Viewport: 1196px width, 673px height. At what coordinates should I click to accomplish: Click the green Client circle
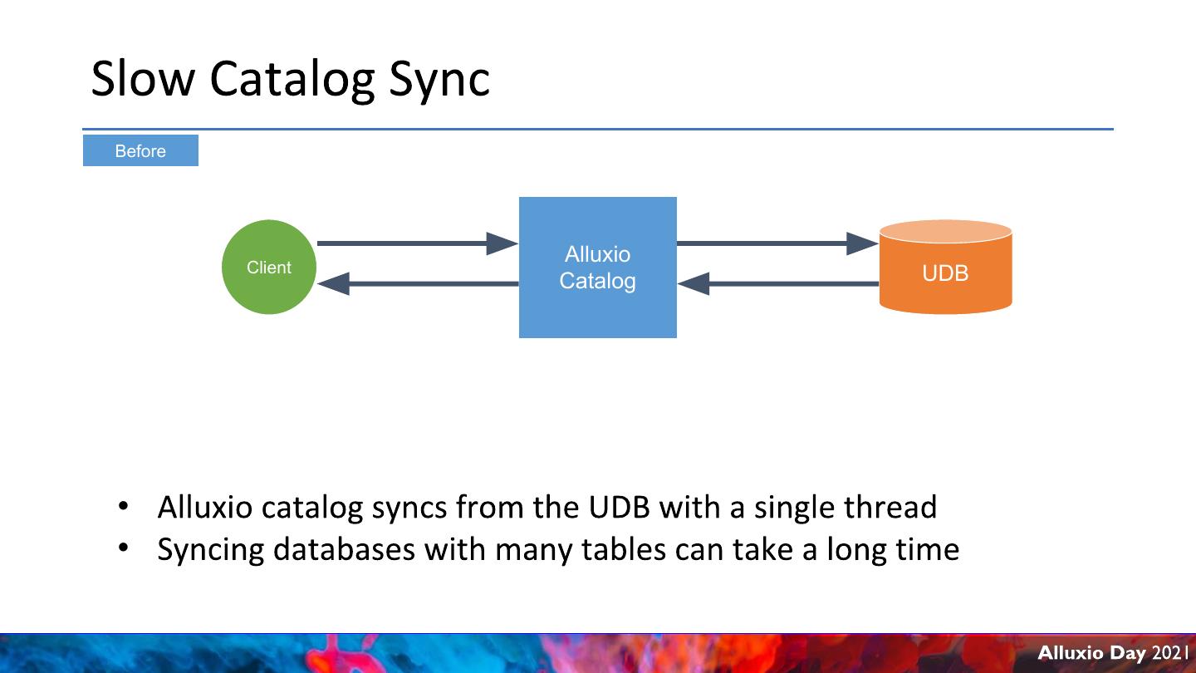tap(268, 268)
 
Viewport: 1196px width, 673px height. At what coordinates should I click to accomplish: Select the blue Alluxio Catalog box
tap(597, 268)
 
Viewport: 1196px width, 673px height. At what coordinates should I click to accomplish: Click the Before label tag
tap(140, 151)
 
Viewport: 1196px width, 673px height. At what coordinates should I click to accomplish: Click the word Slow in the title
tap(143, 79)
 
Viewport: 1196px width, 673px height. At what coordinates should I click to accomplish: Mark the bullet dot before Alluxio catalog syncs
tap(124, 506)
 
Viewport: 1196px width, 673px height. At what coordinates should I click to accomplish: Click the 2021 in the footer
tap(1171, 653)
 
